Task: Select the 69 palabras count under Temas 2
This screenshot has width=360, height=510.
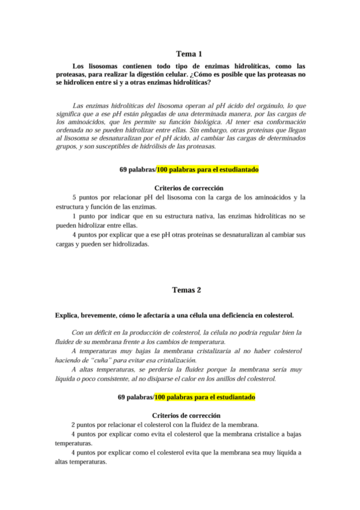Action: (x=135, y=398)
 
